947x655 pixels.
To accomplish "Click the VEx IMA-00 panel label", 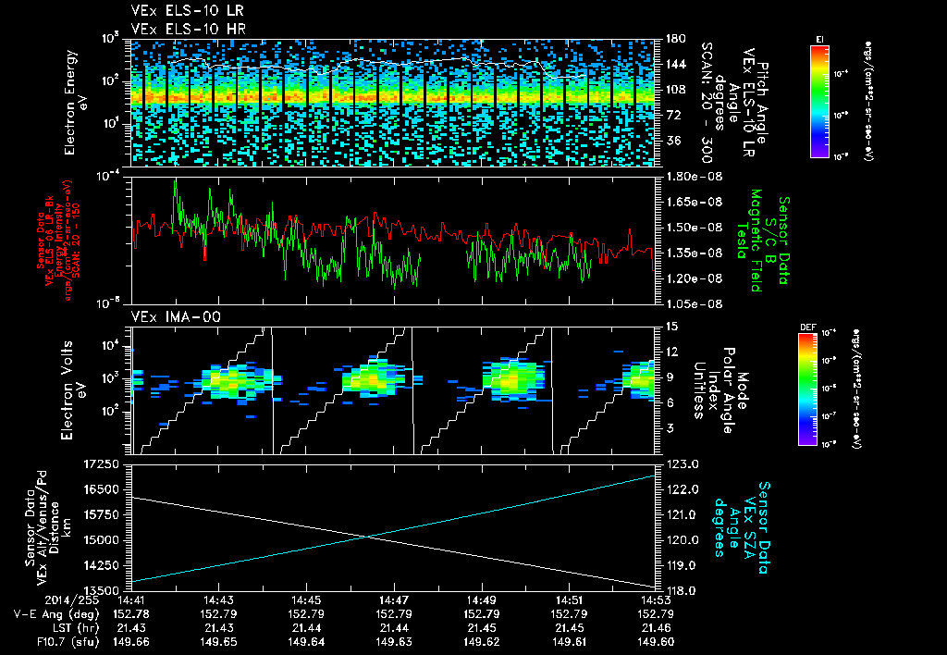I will pos(166,316).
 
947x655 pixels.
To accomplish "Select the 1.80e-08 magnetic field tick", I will pos(693,176).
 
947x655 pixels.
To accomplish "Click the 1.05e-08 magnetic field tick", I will pos(693,303).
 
